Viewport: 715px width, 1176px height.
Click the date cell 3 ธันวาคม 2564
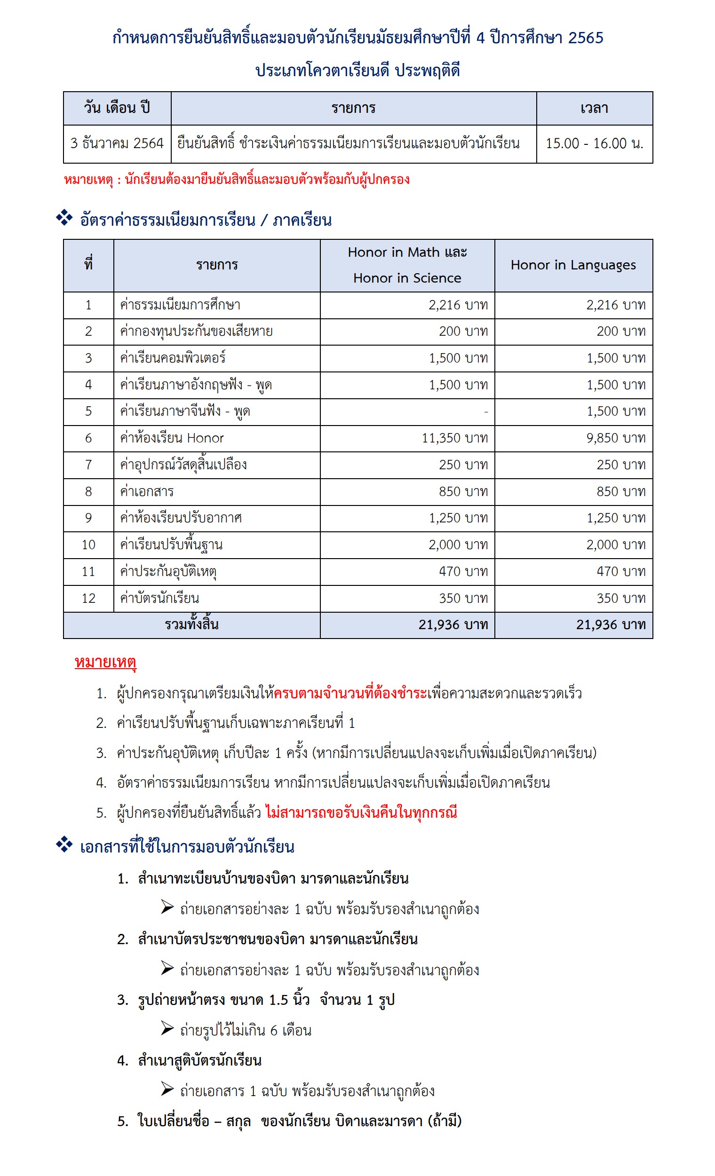117,143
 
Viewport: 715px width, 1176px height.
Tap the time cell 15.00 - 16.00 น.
594,143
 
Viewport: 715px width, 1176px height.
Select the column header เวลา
594,108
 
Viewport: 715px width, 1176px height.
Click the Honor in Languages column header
573,265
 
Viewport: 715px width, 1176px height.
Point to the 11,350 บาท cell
454,438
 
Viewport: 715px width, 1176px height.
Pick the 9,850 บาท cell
616,438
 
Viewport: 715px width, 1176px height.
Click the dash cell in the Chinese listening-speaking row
485,411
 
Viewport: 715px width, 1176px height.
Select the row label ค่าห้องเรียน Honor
172,438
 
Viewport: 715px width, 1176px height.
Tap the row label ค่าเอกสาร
147,491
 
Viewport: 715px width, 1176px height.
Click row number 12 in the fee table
88,598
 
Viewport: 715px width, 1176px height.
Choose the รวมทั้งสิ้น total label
191,624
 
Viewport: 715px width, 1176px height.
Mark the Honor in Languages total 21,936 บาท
611,625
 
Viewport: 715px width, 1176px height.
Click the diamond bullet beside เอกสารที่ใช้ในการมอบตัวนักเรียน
64,845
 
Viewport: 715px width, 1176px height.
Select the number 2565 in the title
586,38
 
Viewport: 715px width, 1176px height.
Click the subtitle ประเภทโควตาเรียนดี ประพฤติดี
357,71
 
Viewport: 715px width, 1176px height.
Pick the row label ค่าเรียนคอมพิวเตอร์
173,358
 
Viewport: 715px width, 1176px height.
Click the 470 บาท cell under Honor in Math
463,571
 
